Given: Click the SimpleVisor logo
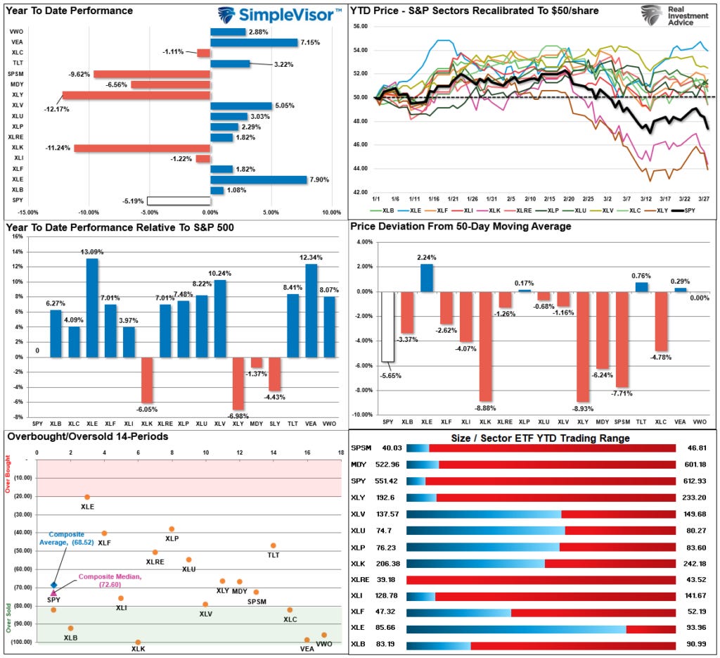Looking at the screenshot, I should click(279, 14).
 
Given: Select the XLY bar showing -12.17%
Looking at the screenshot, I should click(136, 95).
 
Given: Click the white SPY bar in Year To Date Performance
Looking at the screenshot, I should click(179, 201).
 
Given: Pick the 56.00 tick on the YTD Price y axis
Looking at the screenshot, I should click(359, 26).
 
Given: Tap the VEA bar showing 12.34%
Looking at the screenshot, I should click(311, 310).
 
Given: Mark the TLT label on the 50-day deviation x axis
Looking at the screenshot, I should click(642, 421).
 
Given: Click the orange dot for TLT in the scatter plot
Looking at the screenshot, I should click(274, 545).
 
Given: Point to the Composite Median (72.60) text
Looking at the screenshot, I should click(100, 581).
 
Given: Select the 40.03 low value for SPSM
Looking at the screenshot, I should click(391, 448).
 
